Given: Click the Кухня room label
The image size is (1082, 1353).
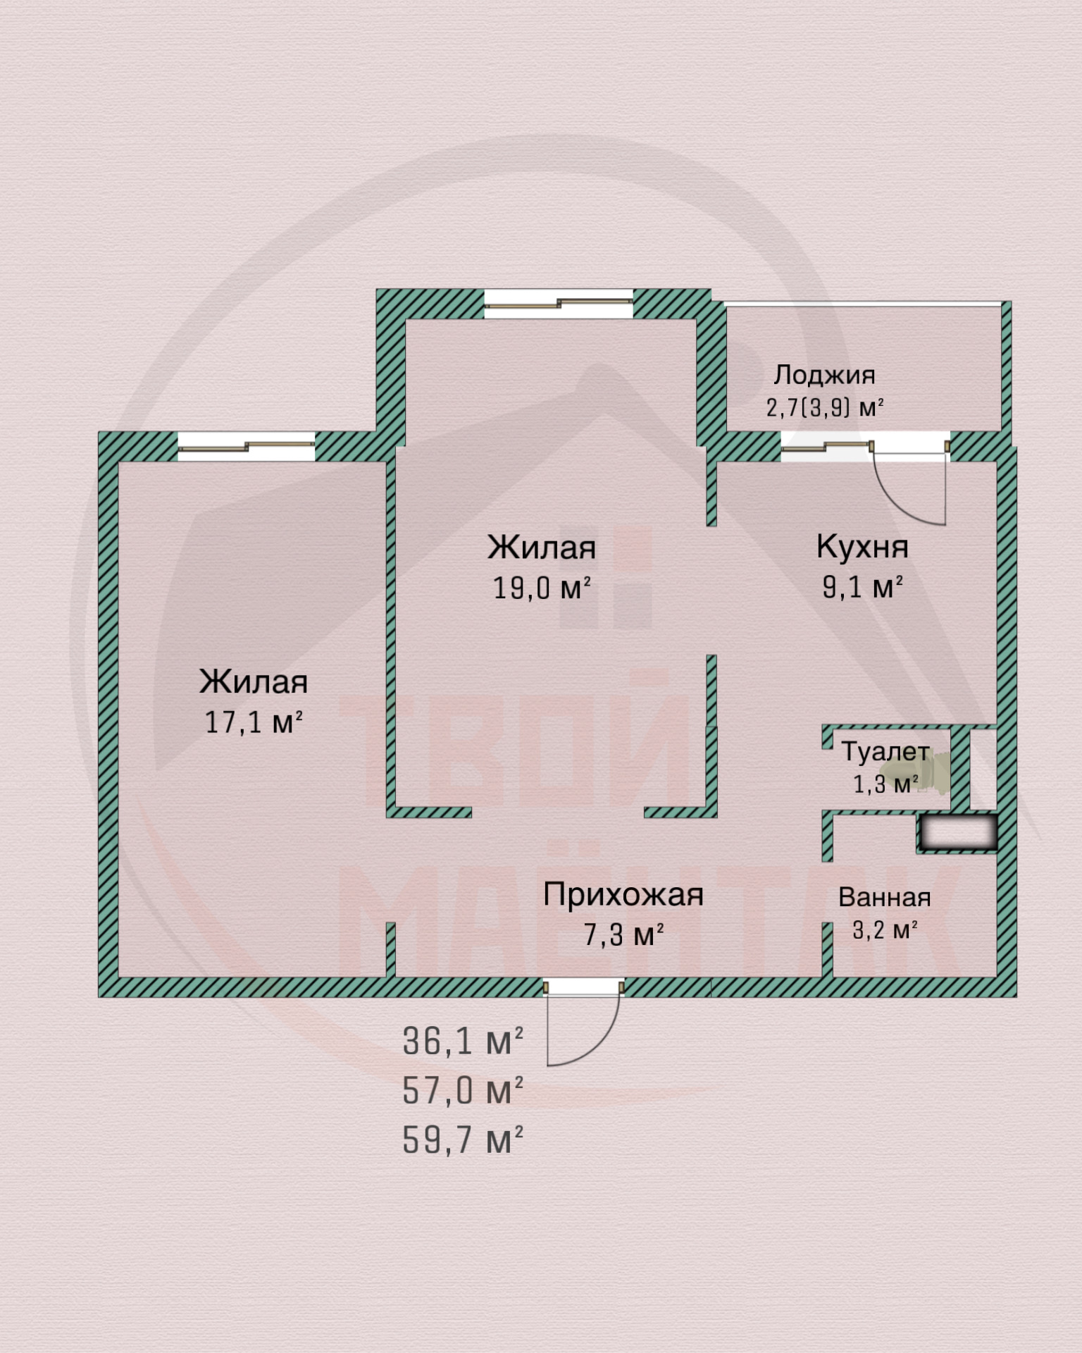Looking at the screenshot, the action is coord(862,547).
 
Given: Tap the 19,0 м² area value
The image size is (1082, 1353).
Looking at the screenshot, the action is coord(541,587).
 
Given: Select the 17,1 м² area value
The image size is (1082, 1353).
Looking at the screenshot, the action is coord(254,722).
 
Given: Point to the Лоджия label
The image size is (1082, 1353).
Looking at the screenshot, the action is coord(824,375).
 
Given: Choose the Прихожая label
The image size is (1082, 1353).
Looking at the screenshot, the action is coord(623,895).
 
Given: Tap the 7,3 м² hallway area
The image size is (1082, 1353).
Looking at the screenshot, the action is coord(623,934).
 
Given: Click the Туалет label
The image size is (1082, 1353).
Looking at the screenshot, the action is coord(885,752).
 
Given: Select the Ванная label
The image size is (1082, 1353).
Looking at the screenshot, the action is coord(885,897).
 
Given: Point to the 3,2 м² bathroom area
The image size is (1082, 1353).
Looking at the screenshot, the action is coord(885,930).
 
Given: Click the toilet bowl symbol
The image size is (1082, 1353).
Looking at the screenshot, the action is coord(933,772).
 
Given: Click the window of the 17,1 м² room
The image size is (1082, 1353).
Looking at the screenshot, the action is coord(246,446).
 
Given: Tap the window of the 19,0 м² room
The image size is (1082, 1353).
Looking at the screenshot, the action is coord(559,303).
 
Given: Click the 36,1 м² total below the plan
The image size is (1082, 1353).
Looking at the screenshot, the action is coord(463,1041).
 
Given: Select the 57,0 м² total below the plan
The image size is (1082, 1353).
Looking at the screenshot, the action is coord(463,1090).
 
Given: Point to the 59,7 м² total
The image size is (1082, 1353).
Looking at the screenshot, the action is coord(463,1139).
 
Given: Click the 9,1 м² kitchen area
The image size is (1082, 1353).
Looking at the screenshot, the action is coord(862,586).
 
